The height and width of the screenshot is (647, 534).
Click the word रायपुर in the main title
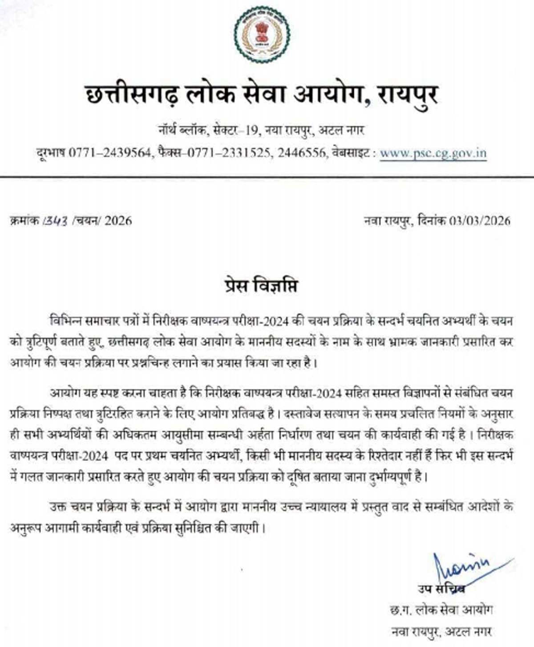(408, 95)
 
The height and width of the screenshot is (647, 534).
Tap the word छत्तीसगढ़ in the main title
(132, 95)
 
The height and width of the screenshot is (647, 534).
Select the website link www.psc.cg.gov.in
(433, 153)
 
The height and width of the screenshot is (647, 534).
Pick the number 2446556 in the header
(302, 153)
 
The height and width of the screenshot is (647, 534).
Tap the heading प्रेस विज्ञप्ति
(260, 285)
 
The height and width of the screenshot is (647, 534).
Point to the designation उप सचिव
(441, 589)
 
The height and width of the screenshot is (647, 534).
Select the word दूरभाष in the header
(51, 153)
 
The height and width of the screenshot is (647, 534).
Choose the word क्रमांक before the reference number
(24, 220)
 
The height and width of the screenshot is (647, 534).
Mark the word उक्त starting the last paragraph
(58, 507)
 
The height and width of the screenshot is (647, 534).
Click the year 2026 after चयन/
(118, 220)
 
